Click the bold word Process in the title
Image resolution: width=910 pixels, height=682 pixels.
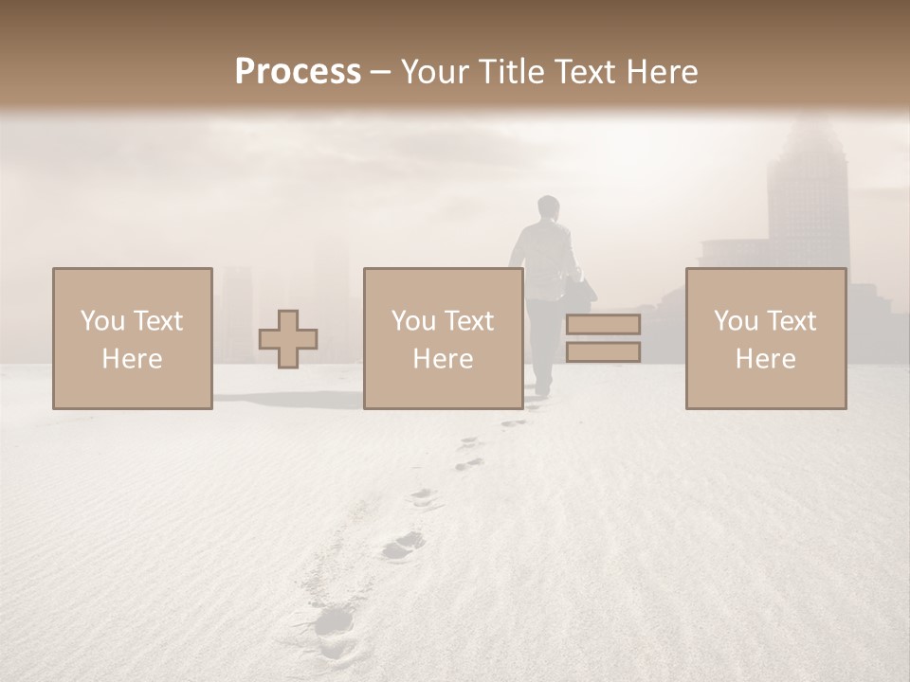(298, 72)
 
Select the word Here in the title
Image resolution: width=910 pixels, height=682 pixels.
(663, 72)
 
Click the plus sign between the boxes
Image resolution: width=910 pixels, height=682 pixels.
(288, 339)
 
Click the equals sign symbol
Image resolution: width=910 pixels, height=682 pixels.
(603, 338)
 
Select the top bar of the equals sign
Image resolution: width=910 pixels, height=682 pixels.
(603, 324)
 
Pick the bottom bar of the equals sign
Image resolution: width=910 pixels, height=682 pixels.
(603, 352)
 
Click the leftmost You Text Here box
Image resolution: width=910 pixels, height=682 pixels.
(132, 338)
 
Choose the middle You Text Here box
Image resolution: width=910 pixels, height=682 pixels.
(443, 338)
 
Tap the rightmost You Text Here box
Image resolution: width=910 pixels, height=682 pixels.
(765, 338)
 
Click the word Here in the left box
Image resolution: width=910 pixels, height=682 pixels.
(132, 358)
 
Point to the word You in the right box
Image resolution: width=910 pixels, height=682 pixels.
(735, 320)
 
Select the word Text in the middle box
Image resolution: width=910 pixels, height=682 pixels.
(470, 320)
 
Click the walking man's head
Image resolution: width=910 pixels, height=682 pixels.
(548, 207)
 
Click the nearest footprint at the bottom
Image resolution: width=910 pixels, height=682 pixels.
(335, 621)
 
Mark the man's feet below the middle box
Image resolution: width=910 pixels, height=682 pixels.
(543, 388)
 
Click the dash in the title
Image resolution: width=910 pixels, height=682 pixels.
(381, 73)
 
